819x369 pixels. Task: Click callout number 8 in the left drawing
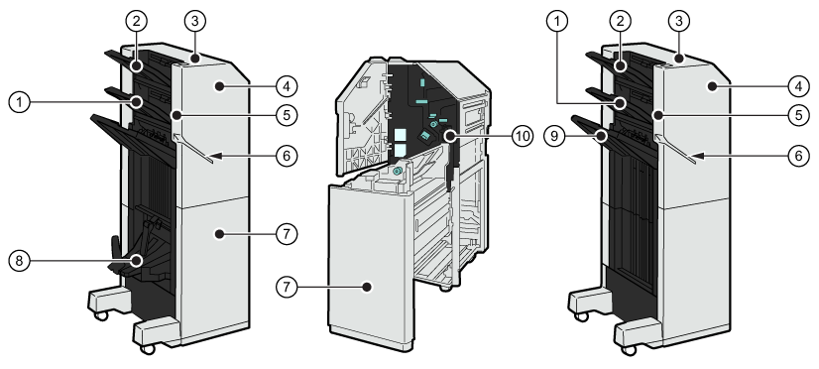pyautogui.click(x=19, y=260)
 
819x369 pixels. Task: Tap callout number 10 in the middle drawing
pyautogui.click(x=523, y=137)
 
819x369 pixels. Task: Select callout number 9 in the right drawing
pyautogui.click(x=554, y=137)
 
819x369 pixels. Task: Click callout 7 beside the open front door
pyautogui.click(x=287, y=287)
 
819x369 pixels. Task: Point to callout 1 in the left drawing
pyautogui.click(x=19, y=101)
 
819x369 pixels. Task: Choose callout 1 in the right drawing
pyautogui.click(x=557, y=21)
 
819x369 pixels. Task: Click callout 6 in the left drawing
pyautogui.click(x=287, y=156)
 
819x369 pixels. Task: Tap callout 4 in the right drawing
pyautogui.click(x=798, y=86)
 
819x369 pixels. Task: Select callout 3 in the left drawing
pyautogui.click(x=195, y=21)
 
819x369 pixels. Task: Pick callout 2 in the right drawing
pyautogui.click(x=620, y=21)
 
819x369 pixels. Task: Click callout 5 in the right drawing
pyautogui.click(x=798, y=115)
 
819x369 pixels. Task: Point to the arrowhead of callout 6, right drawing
pyautogui.click(x=700, y=156)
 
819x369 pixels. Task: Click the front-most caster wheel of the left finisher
pyautogui.click(x=148, y=348)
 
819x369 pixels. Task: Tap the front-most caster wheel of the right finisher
pyautogui.click(x=630, y=349)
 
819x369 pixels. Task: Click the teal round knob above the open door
pyautogui.click(x=397, y=171)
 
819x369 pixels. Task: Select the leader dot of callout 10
pyautogui.click(x=450, y=137)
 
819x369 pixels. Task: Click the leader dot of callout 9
pyautogui.click(x=601, y=137)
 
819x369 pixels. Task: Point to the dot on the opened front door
pyautogui.click(x=367, y=287)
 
